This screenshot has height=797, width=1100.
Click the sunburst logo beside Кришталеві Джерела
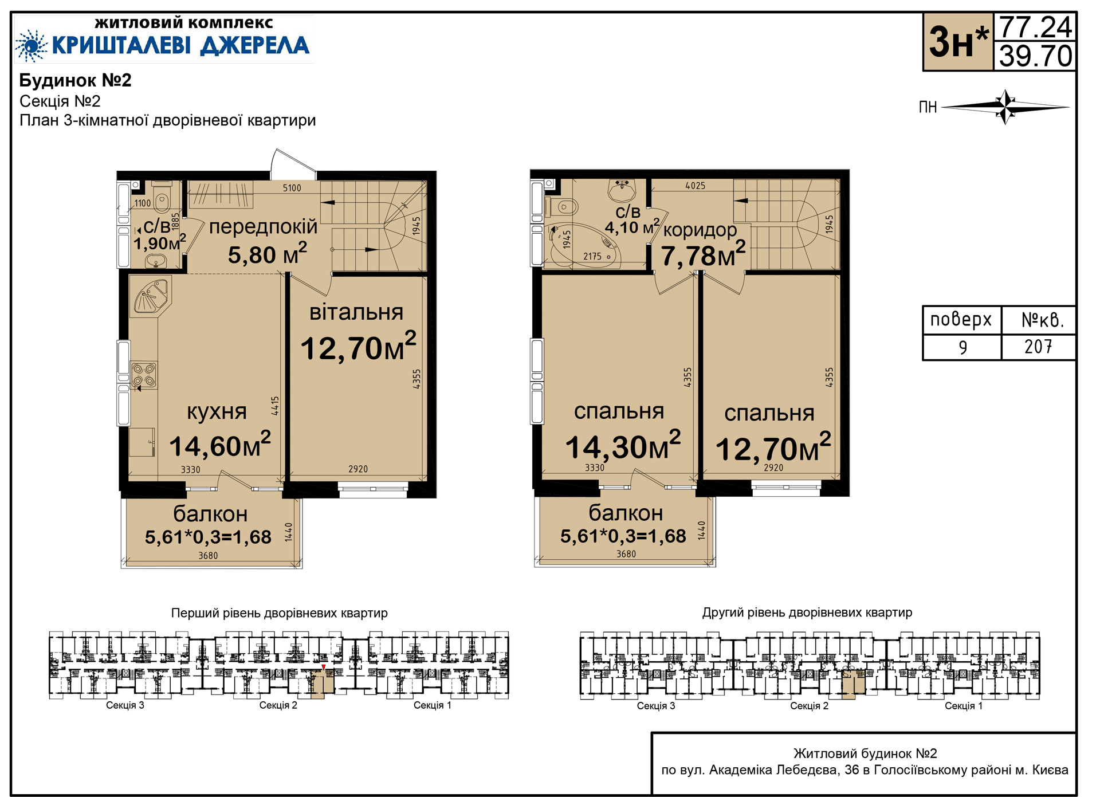click(32, 45)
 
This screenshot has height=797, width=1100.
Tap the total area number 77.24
click(1035, 27)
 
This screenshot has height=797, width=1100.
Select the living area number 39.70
click(1035, 56)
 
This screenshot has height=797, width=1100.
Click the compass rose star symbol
click(1005, 107)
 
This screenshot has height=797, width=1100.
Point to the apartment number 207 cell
click(1038, 347)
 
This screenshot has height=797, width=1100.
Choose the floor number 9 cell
click(962, 347)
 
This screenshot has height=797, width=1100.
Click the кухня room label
click(217, 411)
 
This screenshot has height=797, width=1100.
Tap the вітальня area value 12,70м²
click(358, 346)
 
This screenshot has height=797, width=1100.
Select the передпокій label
click(263, 227)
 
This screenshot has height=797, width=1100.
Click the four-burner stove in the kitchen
click(144, 375)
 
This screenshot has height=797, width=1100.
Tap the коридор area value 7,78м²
click(703, 255)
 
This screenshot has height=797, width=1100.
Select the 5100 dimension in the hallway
click(292, 188)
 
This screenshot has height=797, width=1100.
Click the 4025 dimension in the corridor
click(696, 186)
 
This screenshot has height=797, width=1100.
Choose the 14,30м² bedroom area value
click(623, 446)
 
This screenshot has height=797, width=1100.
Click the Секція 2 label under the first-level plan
click(278, 705)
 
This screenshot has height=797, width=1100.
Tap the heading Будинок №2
click(75, 80)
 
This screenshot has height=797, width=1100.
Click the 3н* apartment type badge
click(958, 42)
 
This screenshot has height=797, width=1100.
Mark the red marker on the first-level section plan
click(323, 667)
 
